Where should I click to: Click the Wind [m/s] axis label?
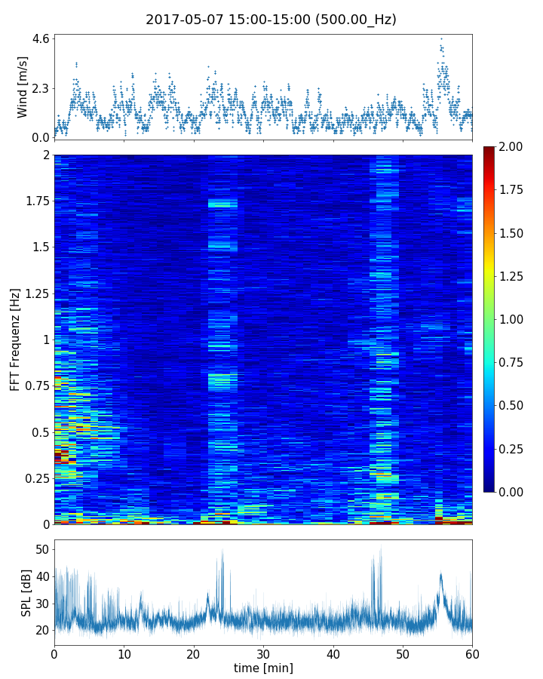tap(23, 87)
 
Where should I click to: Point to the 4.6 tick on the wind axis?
tap(39, 38)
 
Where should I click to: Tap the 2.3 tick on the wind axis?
tap(39, 88)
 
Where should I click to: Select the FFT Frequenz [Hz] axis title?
tap(15, 339)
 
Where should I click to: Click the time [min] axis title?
tap(263, 668)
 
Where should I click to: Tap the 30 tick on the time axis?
tap(263, 653)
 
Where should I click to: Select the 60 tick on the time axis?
tap(472, 653)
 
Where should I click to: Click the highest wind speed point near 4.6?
tap(441, 38)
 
